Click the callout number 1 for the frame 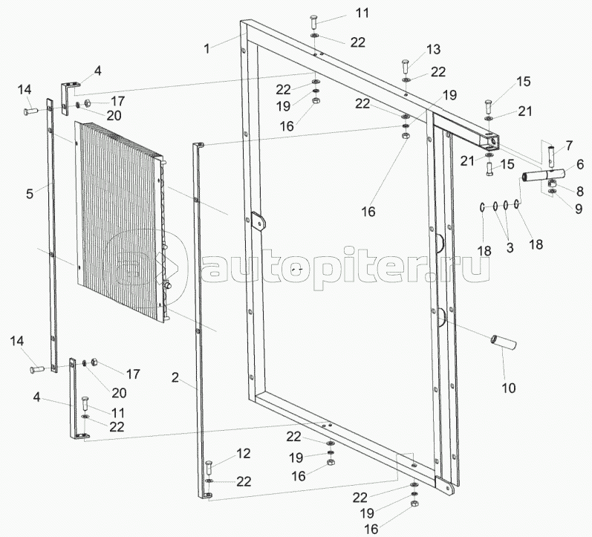pyautogui.click(x=206, y=48)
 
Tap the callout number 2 pyautogui.click(x=175, y=377)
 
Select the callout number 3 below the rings pyautogui.click(x=510, y=248)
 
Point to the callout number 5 pyautogui.click(x=30, y=194)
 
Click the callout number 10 pyautogui.click(x=509, y=388)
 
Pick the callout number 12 pyautogui.click(x=244, y=453)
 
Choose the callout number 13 pyautogui.click(x=434, y=49)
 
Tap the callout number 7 pyautogui.click(x=569, y=146)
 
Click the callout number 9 pyautogui.click(x=579, y=209)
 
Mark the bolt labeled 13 pyautogui.click(x=404, y=68)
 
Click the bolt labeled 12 pyautogui.click(x=209, y=468)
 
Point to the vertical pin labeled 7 pyautogui.click(x=552, y=156)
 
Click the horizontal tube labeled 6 pyautogui.click(x=543, y=175)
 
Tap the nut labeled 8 pyautogui.click(x=552, y=185)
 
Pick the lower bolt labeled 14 pyautogui.click(x=36, y=369)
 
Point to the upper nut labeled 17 pyautogui.click(x=86, y=102)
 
